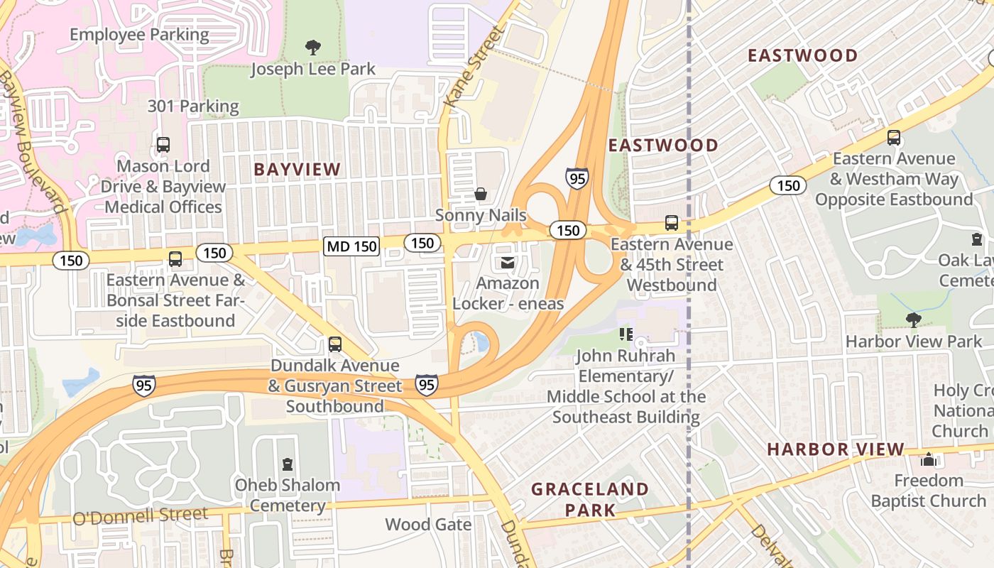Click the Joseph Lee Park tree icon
[x=312, y=48]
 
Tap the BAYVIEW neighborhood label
[x=297, y=170]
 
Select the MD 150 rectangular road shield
[x=351, y=246]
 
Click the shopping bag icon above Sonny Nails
[x=481, y=194]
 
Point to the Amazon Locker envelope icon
[x=508, y=263]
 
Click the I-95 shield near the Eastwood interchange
[x=577, y=178]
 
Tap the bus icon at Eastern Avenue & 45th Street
[x=672, y=223]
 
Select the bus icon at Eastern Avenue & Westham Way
[x=894, y=138]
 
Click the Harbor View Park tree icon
[x=913, y=320]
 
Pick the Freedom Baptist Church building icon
[x=928, y=460]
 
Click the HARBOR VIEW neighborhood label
[x=836, y=449]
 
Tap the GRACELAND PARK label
[x=590, y=499]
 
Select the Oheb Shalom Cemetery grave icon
[x=287, y=464]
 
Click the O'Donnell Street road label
[x=140, y=516]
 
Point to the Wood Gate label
[x=428, y=525]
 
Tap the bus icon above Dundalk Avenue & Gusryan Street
[x=335, y=345]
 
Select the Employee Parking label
[x=139, y=34]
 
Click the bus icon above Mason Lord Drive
[x=163, y=145]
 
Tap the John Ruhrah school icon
[x=626, y=334]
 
